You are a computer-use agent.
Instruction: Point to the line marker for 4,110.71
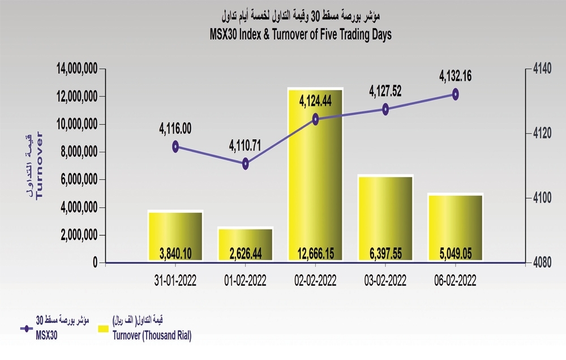(x=246, y=164)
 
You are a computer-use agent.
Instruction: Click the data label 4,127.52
(x=385, y=91)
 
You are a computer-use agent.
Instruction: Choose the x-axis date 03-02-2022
(x=385, y=280)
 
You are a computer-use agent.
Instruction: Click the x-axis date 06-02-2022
(x=455, y=280)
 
